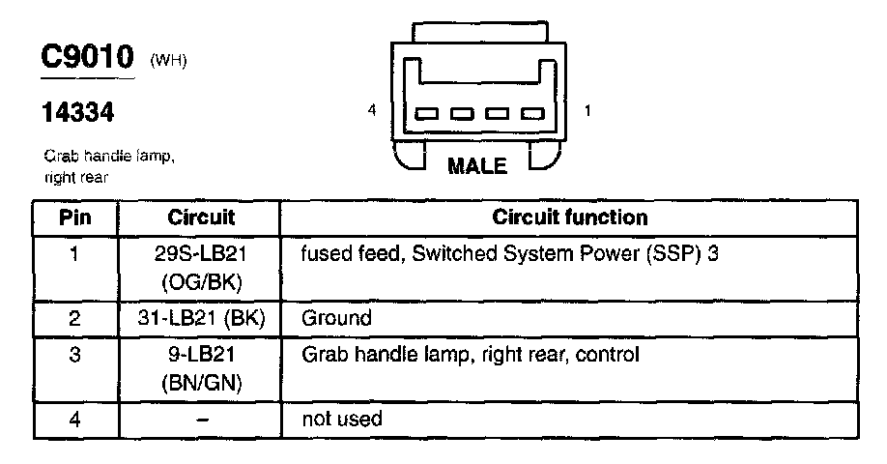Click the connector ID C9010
pos(87,58)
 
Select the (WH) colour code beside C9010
pos(168,62)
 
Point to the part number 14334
pos(78,114)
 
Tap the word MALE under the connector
pos(477,166)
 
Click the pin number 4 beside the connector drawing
pos(372,111)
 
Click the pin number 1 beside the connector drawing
pos(588,111)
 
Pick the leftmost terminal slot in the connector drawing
pos(426,115)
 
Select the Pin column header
pos(75,217)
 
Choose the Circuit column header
pos(201,217)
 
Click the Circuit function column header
pos(570,217)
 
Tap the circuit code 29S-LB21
pos(201,255)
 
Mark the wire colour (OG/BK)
pos(201,281)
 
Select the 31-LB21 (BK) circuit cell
pos(201,318)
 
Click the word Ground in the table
pos(336,318)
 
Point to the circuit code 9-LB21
pos(201,356)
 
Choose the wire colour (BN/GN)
pos(201,384)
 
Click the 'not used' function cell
pos(342,419)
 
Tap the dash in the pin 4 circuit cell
pos(200,420)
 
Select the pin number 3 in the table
pos(75,356)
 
